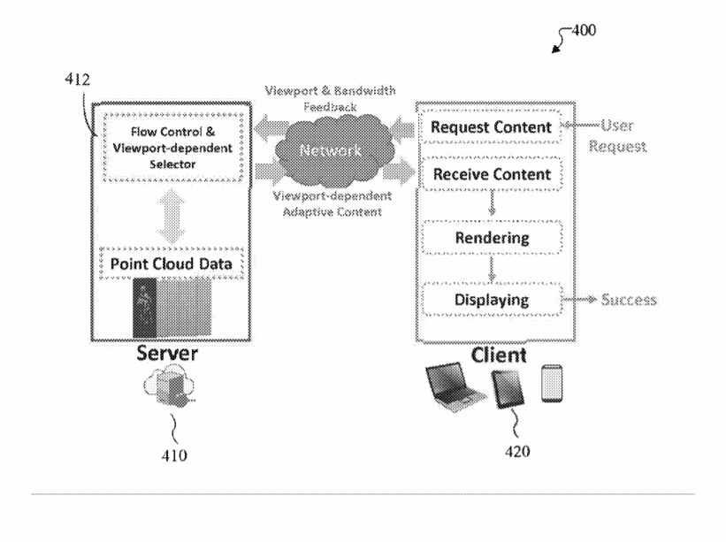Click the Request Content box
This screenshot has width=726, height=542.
[492, 128]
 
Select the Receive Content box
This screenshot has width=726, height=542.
[492, 174]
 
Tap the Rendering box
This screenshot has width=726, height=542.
[492, 238]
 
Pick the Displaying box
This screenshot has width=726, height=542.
[492, 300]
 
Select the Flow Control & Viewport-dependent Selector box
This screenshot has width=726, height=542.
[167, 148]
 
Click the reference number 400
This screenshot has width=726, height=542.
[583, 30]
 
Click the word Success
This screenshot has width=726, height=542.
[629, 301]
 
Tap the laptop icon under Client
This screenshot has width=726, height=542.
[455, 389]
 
